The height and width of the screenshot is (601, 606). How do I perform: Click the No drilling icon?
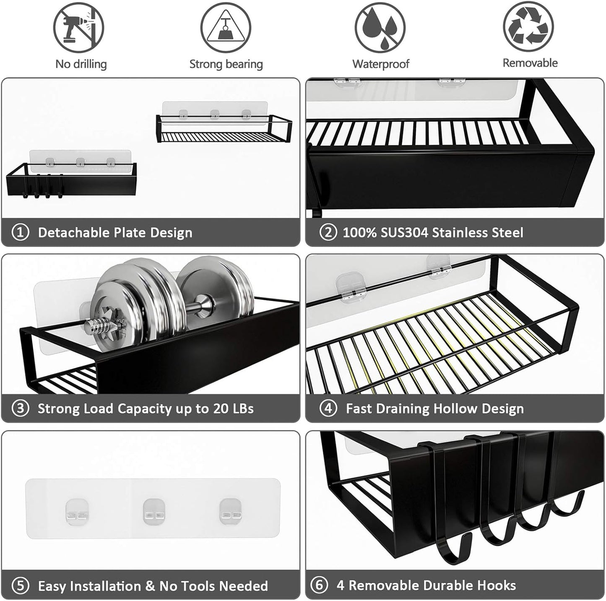78,27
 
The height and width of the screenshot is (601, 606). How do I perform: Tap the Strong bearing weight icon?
226,27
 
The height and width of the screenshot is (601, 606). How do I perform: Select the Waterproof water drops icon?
380,27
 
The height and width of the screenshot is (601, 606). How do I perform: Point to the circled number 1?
20,232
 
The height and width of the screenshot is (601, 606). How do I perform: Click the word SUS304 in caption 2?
404,232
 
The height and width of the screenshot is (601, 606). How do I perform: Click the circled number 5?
20,586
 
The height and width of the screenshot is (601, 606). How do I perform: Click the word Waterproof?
380,64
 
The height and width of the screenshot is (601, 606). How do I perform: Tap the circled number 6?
319,585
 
